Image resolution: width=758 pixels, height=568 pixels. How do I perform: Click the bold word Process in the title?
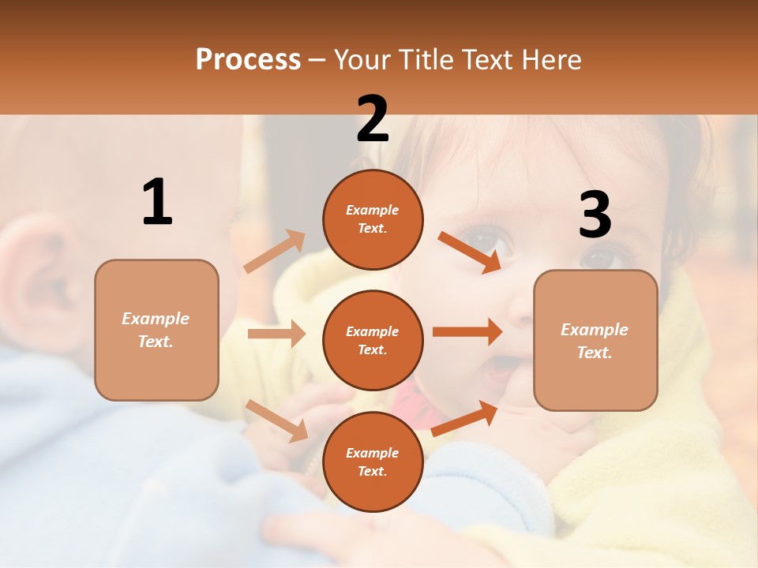coord(248,60)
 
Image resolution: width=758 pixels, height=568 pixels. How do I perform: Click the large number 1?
coord(157,203)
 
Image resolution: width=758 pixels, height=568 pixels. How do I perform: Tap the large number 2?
coord(373,119)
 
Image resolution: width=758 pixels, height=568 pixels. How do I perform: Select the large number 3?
coord(595,215)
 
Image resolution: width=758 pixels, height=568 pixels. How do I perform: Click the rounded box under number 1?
coord(156,330)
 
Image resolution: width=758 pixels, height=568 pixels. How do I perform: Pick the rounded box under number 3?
coord(595,340)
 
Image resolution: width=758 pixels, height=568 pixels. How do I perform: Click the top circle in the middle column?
coord(373,219)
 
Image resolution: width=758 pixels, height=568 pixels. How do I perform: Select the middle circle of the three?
coord(373,340)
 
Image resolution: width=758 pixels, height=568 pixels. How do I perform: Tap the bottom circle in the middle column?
coord(373,461)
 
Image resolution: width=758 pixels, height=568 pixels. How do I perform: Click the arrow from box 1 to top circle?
coord(274,252)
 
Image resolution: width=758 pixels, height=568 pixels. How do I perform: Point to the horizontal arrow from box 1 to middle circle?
coord(276,334)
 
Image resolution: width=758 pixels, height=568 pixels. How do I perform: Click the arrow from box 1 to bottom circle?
coord(276,420)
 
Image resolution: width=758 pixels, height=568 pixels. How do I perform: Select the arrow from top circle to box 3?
coord(469,252)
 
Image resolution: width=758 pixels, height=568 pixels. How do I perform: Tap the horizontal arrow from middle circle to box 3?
coord(467,332)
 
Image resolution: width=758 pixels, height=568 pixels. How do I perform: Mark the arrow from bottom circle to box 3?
coord(464,418)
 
